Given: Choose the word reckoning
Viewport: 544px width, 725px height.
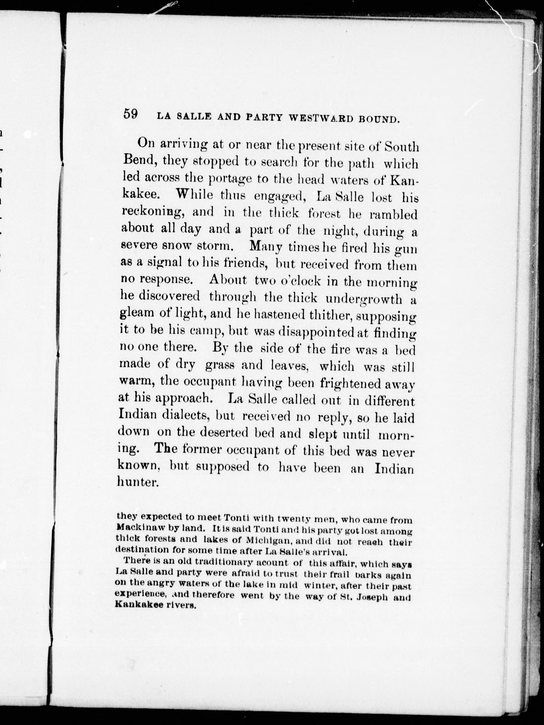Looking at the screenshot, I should tap(151, 212).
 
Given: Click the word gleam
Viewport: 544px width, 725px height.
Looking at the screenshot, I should tap(136, 313).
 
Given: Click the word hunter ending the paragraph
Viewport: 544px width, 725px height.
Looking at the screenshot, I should tap(138, 482).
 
